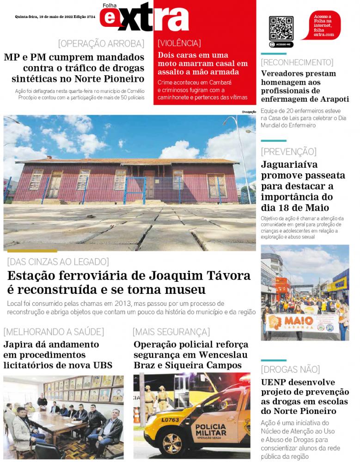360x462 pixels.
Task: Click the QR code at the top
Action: pos(281,29)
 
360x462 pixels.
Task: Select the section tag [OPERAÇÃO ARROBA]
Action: pos(101,44)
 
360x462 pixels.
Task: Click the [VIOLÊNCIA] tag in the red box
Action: pos(179,43)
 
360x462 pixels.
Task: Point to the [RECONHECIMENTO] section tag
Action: pos(297,62)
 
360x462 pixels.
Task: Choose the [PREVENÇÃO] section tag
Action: pos(288,152)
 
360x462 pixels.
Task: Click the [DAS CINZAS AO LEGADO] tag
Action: pos(58,261)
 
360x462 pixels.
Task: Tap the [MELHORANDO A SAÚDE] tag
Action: pos(54,331)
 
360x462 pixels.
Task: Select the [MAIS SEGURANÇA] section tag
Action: pos(171,331)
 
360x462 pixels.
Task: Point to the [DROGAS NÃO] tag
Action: pos(290,369)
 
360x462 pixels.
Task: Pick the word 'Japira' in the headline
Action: pos(18,345)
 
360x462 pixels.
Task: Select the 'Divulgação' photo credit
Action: pos(248,112)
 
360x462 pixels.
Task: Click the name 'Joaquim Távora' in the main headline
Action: pos(200,276)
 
